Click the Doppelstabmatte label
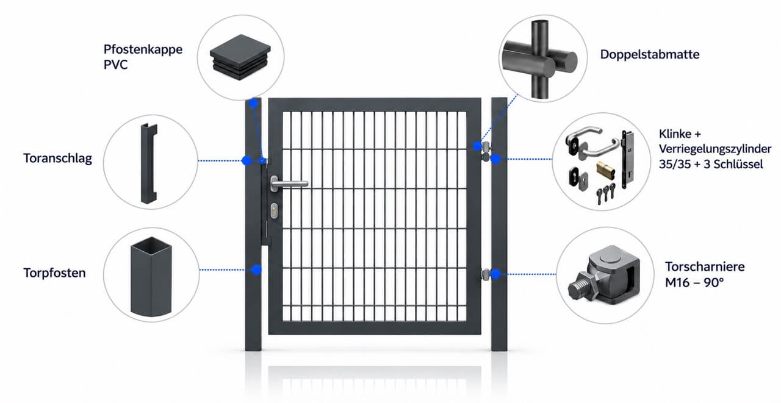pyautogui.click(x=650, y=55)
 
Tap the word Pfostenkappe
pyautogui.click(x=143, y=49)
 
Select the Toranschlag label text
pyautogui.click(x=58, y=159)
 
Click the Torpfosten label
pyautogui.click(x=55, y=273)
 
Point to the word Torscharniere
pyautogui.click(x=705, y=267)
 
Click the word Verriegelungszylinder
pyautogui.click(x=715, y=149)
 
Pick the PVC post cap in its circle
pyautogui.click(x=240, y=57)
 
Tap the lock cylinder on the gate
pyautogui.click(x=275, y=211)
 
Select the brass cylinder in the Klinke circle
pyautogui.click(x=605, y=170)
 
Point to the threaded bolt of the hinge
pyautogui.click(x=580, y=285)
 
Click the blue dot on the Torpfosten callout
pyautogui.click(x=256, y=269)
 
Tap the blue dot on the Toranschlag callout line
pyautogui.click(x=247, y=160)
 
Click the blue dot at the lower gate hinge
pyautogui.click(x=495, y=274)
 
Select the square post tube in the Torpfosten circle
pyautogui.click(x=151, y=277)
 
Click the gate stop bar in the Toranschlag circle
pyautogui.click(x=149, y=163)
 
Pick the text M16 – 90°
pyautogui.click(x=694, y=282)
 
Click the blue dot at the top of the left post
pyautogui.click(x=253, y=103)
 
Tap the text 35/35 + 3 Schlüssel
pyautogui.click(x=711, y=164)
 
